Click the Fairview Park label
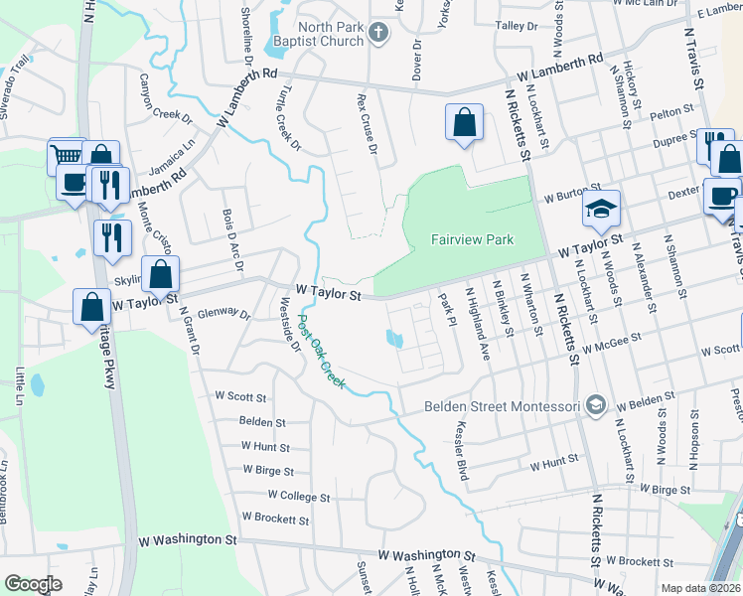(472, 239)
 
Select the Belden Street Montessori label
(504, 405)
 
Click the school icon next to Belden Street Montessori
(595, 404)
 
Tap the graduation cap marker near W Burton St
(601, 208)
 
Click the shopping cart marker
(66, 156)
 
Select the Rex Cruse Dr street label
(368, 124)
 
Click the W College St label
(297, 496)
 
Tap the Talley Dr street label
(516, 25)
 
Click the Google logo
(33, 584)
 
